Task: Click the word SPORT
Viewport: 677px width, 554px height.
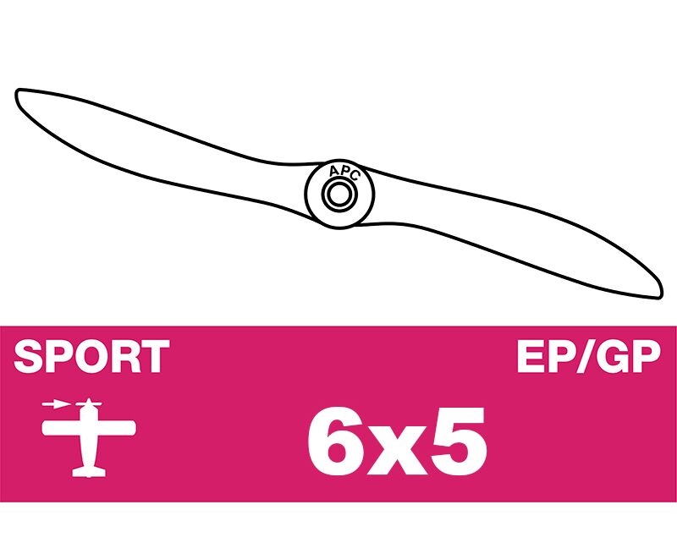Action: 91,356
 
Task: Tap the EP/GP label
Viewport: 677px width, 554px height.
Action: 589,356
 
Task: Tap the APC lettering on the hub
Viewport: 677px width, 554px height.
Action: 344,172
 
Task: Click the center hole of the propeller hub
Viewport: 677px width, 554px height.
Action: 339,195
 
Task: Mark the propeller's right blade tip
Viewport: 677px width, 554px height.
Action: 660,295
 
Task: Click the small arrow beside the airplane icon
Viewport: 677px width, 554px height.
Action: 56,404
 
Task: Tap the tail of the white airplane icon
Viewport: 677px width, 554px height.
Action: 89,472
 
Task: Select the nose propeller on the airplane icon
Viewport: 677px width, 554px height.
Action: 89,403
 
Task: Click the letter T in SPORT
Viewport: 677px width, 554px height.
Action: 155,356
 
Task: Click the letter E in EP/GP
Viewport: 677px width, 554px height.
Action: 531,356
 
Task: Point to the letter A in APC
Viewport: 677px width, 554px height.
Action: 333,173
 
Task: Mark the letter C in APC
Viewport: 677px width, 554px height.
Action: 354,176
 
